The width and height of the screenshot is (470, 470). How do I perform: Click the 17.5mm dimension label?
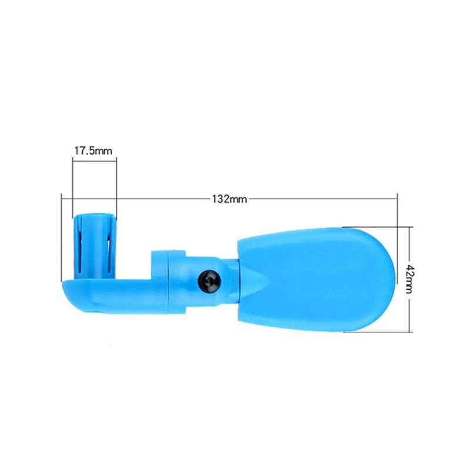click(x=93, y=150)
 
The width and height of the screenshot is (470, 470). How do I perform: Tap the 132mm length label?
click(x=230, y=199)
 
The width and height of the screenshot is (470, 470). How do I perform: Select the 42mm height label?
click(x=409, y=280)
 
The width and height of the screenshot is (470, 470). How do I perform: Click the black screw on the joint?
click(x=210, y=281)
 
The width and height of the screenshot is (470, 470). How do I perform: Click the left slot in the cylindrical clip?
click(x=79, y=253)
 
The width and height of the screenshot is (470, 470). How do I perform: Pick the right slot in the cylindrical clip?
click(x=108, y=252)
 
